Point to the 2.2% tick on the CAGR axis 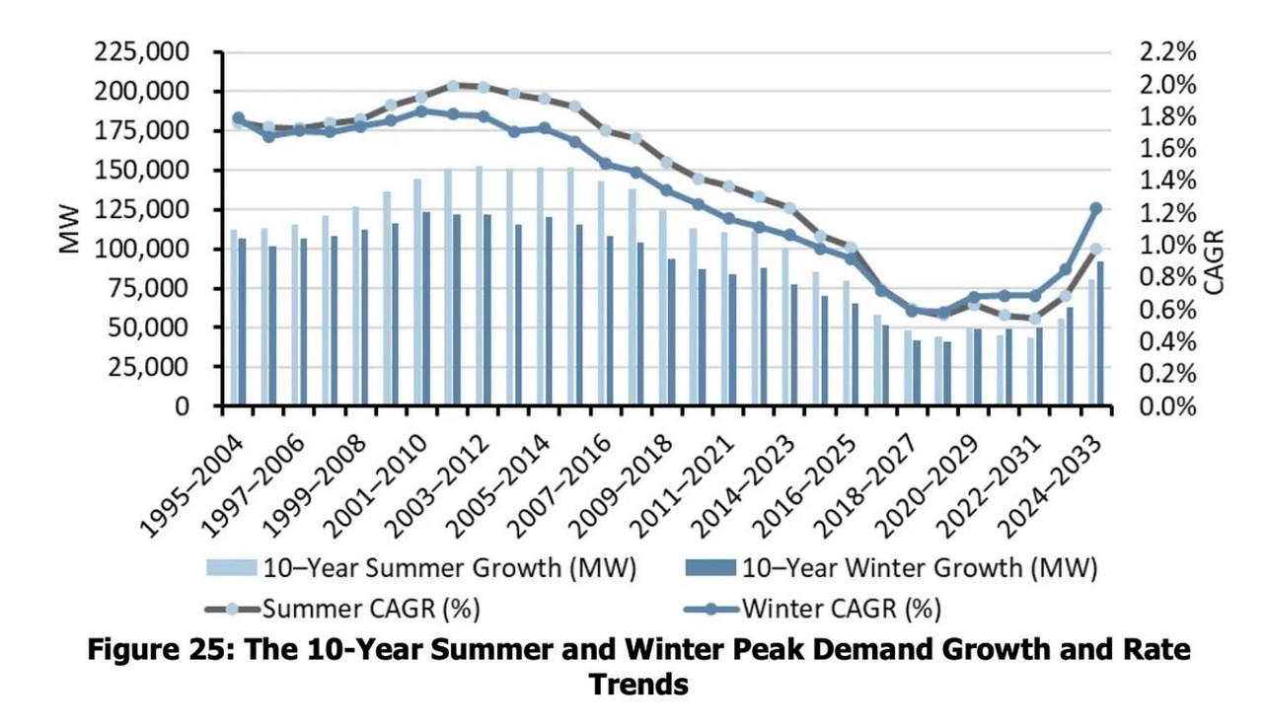tap(1167, 52)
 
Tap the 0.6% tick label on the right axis tap(1167, 310)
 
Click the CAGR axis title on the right tap(1215, 261)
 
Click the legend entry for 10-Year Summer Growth tap(447, 568)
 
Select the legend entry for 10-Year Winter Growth tap(918, 568)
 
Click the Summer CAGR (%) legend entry tap(370, 609)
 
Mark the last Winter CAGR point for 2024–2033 tap(1095, 208)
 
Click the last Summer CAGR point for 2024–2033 tap(1095, 250)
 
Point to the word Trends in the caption tap(637, 684)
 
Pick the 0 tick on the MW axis tap(182, 406)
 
